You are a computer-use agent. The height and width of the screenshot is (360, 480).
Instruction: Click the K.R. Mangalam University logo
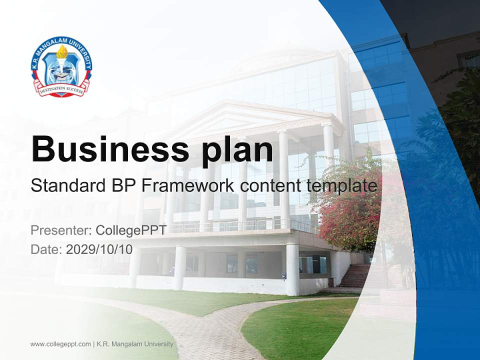click(x=61, y=67)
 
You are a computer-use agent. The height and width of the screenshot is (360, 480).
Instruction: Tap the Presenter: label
click(x=60, y=230)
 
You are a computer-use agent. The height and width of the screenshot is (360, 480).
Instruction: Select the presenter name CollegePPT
click(x=130, y=230)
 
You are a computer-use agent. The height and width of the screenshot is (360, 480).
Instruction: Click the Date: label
click(x=46, y=249)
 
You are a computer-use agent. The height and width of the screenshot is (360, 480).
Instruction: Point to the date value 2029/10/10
click(x=99, y=249)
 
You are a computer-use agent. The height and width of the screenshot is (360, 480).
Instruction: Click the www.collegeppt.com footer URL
click(x=60, y=344)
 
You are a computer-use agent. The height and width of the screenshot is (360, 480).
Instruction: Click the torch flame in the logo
click(x=62, y=51)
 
